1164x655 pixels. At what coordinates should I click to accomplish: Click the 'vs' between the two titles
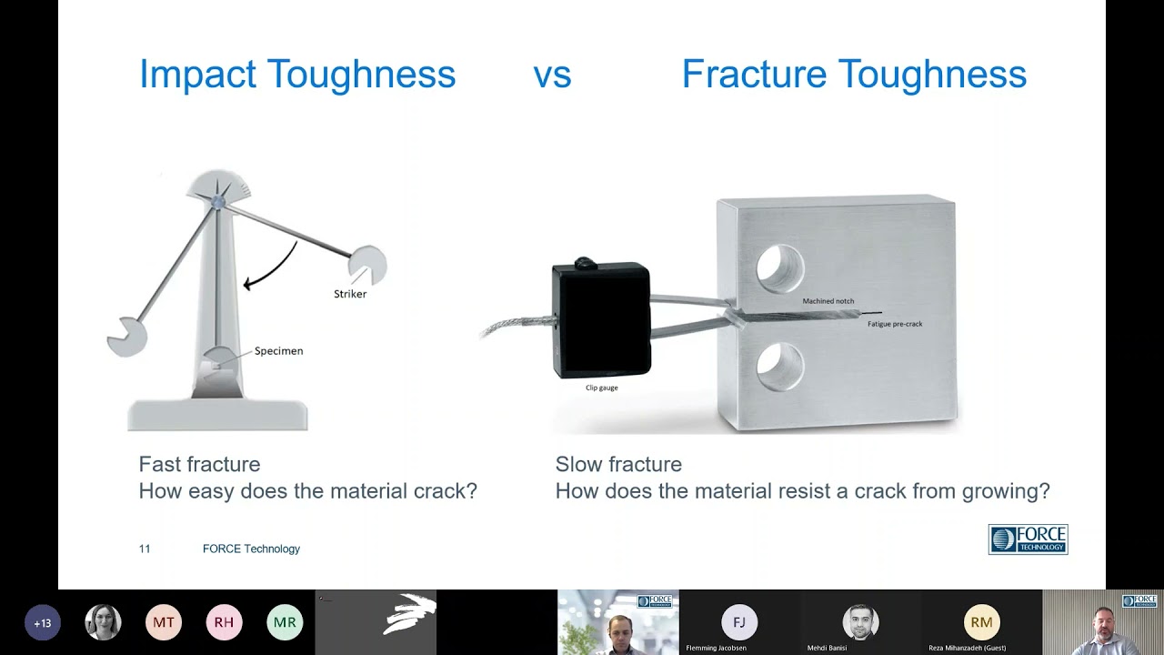[x=552, y=75]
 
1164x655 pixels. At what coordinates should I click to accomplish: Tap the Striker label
[x=350, y=294]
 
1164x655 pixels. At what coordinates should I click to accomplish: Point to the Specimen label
[x=278, y=350]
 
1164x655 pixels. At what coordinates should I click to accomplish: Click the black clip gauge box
[x=601, y=320]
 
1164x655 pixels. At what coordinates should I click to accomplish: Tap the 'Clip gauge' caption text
[x=601, y=388]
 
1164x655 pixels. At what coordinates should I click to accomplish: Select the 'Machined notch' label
[x=828, y=301]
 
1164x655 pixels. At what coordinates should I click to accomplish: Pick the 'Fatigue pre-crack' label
[x=895, y=324]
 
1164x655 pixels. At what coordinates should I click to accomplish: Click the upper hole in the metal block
[x=780, y=268]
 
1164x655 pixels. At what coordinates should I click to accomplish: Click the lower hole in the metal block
[x=780, y=368]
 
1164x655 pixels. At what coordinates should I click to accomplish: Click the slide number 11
[x=145, y=549]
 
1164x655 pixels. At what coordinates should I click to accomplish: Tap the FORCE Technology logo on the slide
[x=1028, y=539]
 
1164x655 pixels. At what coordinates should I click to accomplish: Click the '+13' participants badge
[x=43, y=623]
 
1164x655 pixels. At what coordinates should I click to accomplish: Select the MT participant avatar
[x=164, y=623]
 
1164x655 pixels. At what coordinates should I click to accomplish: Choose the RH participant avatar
[x=224, y=623]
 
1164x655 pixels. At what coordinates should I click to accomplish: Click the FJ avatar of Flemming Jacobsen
[x=739, y=622]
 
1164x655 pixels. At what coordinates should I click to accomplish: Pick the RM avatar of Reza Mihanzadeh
[x=981, y=622]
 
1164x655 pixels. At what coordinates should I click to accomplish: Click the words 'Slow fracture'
[x=618, y=464]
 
